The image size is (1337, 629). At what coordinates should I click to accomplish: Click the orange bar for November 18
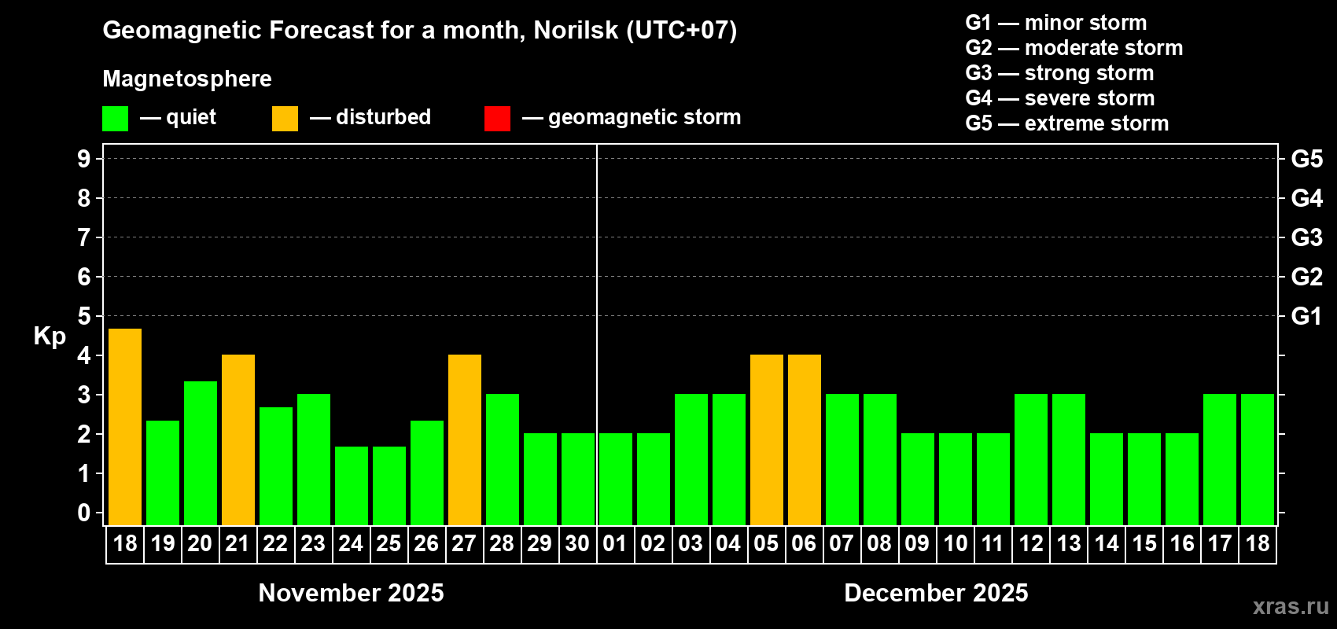pyautogui.click(x=125, y=427)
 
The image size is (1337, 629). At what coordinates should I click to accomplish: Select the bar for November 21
pyautogui.click(x=238, y=440)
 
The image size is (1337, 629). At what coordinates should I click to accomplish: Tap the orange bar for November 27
pyautogui.click(x=465, y=440)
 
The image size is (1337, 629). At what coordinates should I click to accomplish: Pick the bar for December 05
pyautogui.click(x=767, y=440)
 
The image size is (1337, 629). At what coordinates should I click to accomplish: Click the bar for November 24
pyautogui.click(x=352, y=486)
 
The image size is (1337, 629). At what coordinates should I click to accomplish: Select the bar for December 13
pyautogui.click(x=1069, y=459)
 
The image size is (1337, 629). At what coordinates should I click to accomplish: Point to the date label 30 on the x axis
pyautogui.click(x=577, y=543)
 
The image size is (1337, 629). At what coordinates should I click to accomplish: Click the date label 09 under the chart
pyautogui.click(x=917, y=543)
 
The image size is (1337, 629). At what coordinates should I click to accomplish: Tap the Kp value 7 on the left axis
pyautogui.click(x=84, y=237)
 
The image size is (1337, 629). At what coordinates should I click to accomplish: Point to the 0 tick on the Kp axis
pyautogui.click(x=84, y=513)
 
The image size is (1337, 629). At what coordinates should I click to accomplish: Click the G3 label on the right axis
pyautogui.click(x=1306, y=237)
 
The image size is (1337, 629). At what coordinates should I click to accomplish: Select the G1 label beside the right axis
pyautogui.click(x=1306, y=316)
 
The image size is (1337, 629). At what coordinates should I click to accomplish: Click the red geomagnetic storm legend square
pyautogui.click(x=497, y=119)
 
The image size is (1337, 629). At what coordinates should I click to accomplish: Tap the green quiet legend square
pyautogui.click(x=116, y=119)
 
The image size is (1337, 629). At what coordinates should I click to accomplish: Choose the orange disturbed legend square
pyautogui.click(x=285, y=119)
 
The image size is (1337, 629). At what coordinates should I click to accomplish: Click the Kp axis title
pyautogui.click(x=50, y=336)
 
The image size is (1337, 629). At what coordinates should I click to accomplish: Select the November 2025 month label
pyautogui.click(x=351, y=593)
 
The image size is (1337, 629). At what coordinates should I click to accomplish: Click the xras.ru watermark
pyautogui.click(x=1291, y=606)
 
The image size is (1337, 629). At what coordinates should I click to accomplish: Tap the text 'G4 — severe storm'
pyautogui.click(x=1060, y=98)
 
